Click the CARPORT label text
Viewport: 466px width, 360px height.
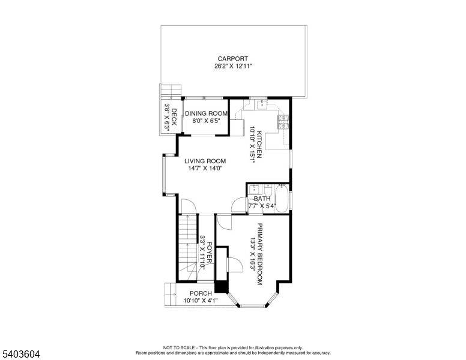tap(233, 59)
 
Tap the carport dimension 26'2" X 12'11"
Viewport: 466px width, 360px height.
tap(233, 66)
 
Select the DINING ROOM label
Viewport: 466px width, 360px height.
tap(206, 113)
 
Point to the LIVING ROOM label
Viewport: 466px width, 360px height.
tap(205, 161)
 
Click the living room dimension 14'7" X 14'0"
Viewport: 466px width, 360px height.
tap(205, 169)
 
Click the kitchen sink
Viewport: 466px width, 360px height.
tap(262, 106)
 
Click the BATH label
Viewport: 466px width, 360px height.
tap(262, 199)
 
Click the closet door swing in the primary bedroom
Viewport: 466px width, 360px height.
tap(235, 262)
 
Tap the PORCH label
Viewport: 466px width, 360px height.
tap(201, 293)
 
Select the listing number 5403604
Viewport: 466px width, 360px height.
tap(20, 354)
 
